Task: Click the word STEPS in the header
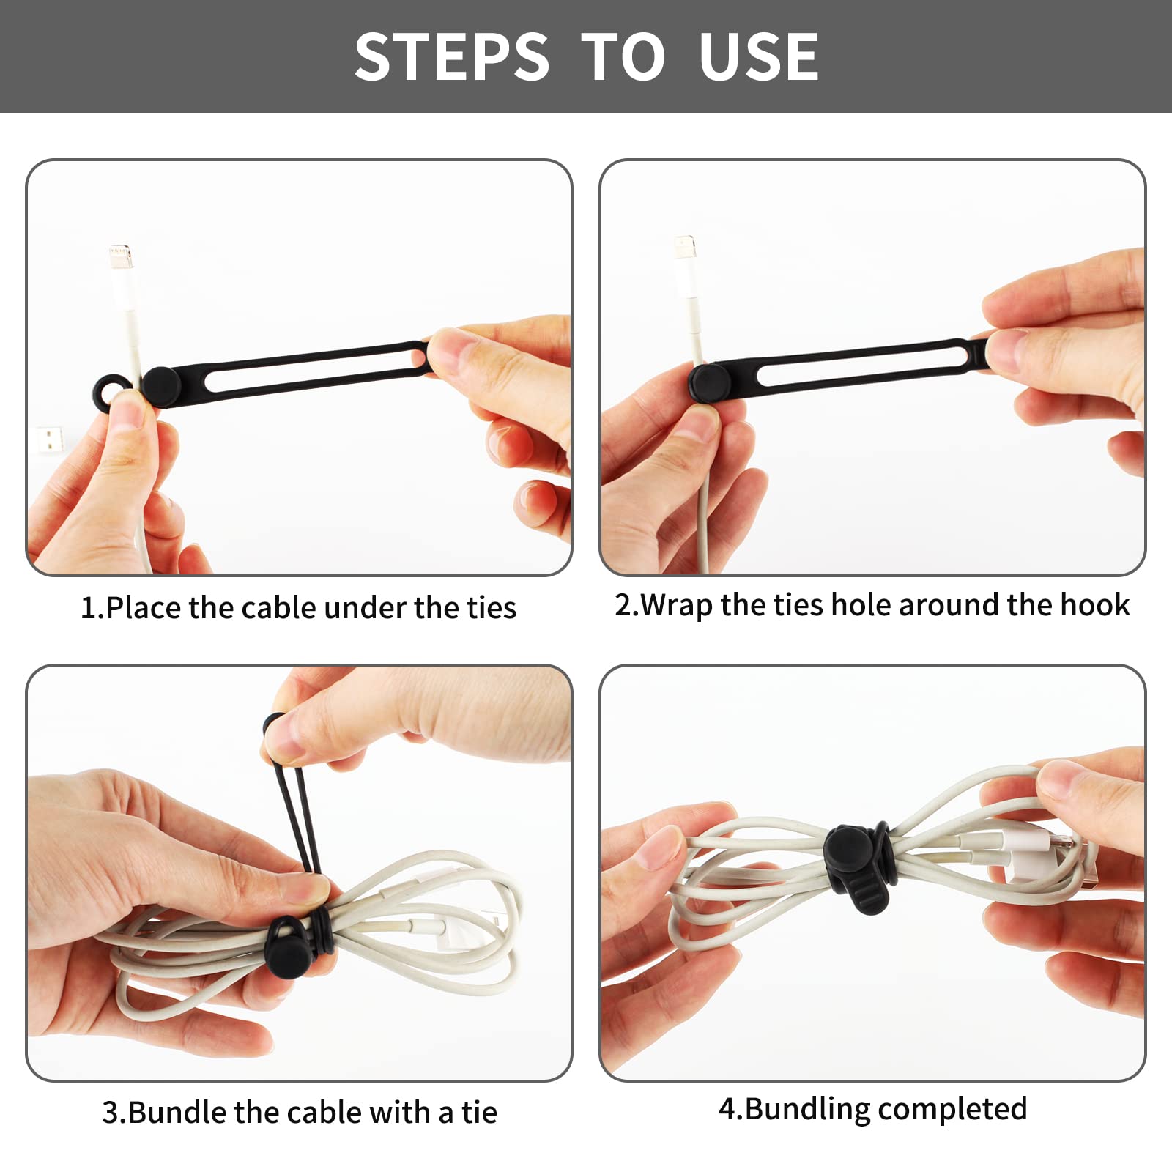pos(452,56)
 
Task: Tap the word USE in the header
pos(759,56)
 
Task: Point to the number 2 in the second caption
pos(623,605)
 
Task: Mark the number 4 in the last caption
pos(727,1109)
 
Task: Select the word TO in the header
pos(624,56)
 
